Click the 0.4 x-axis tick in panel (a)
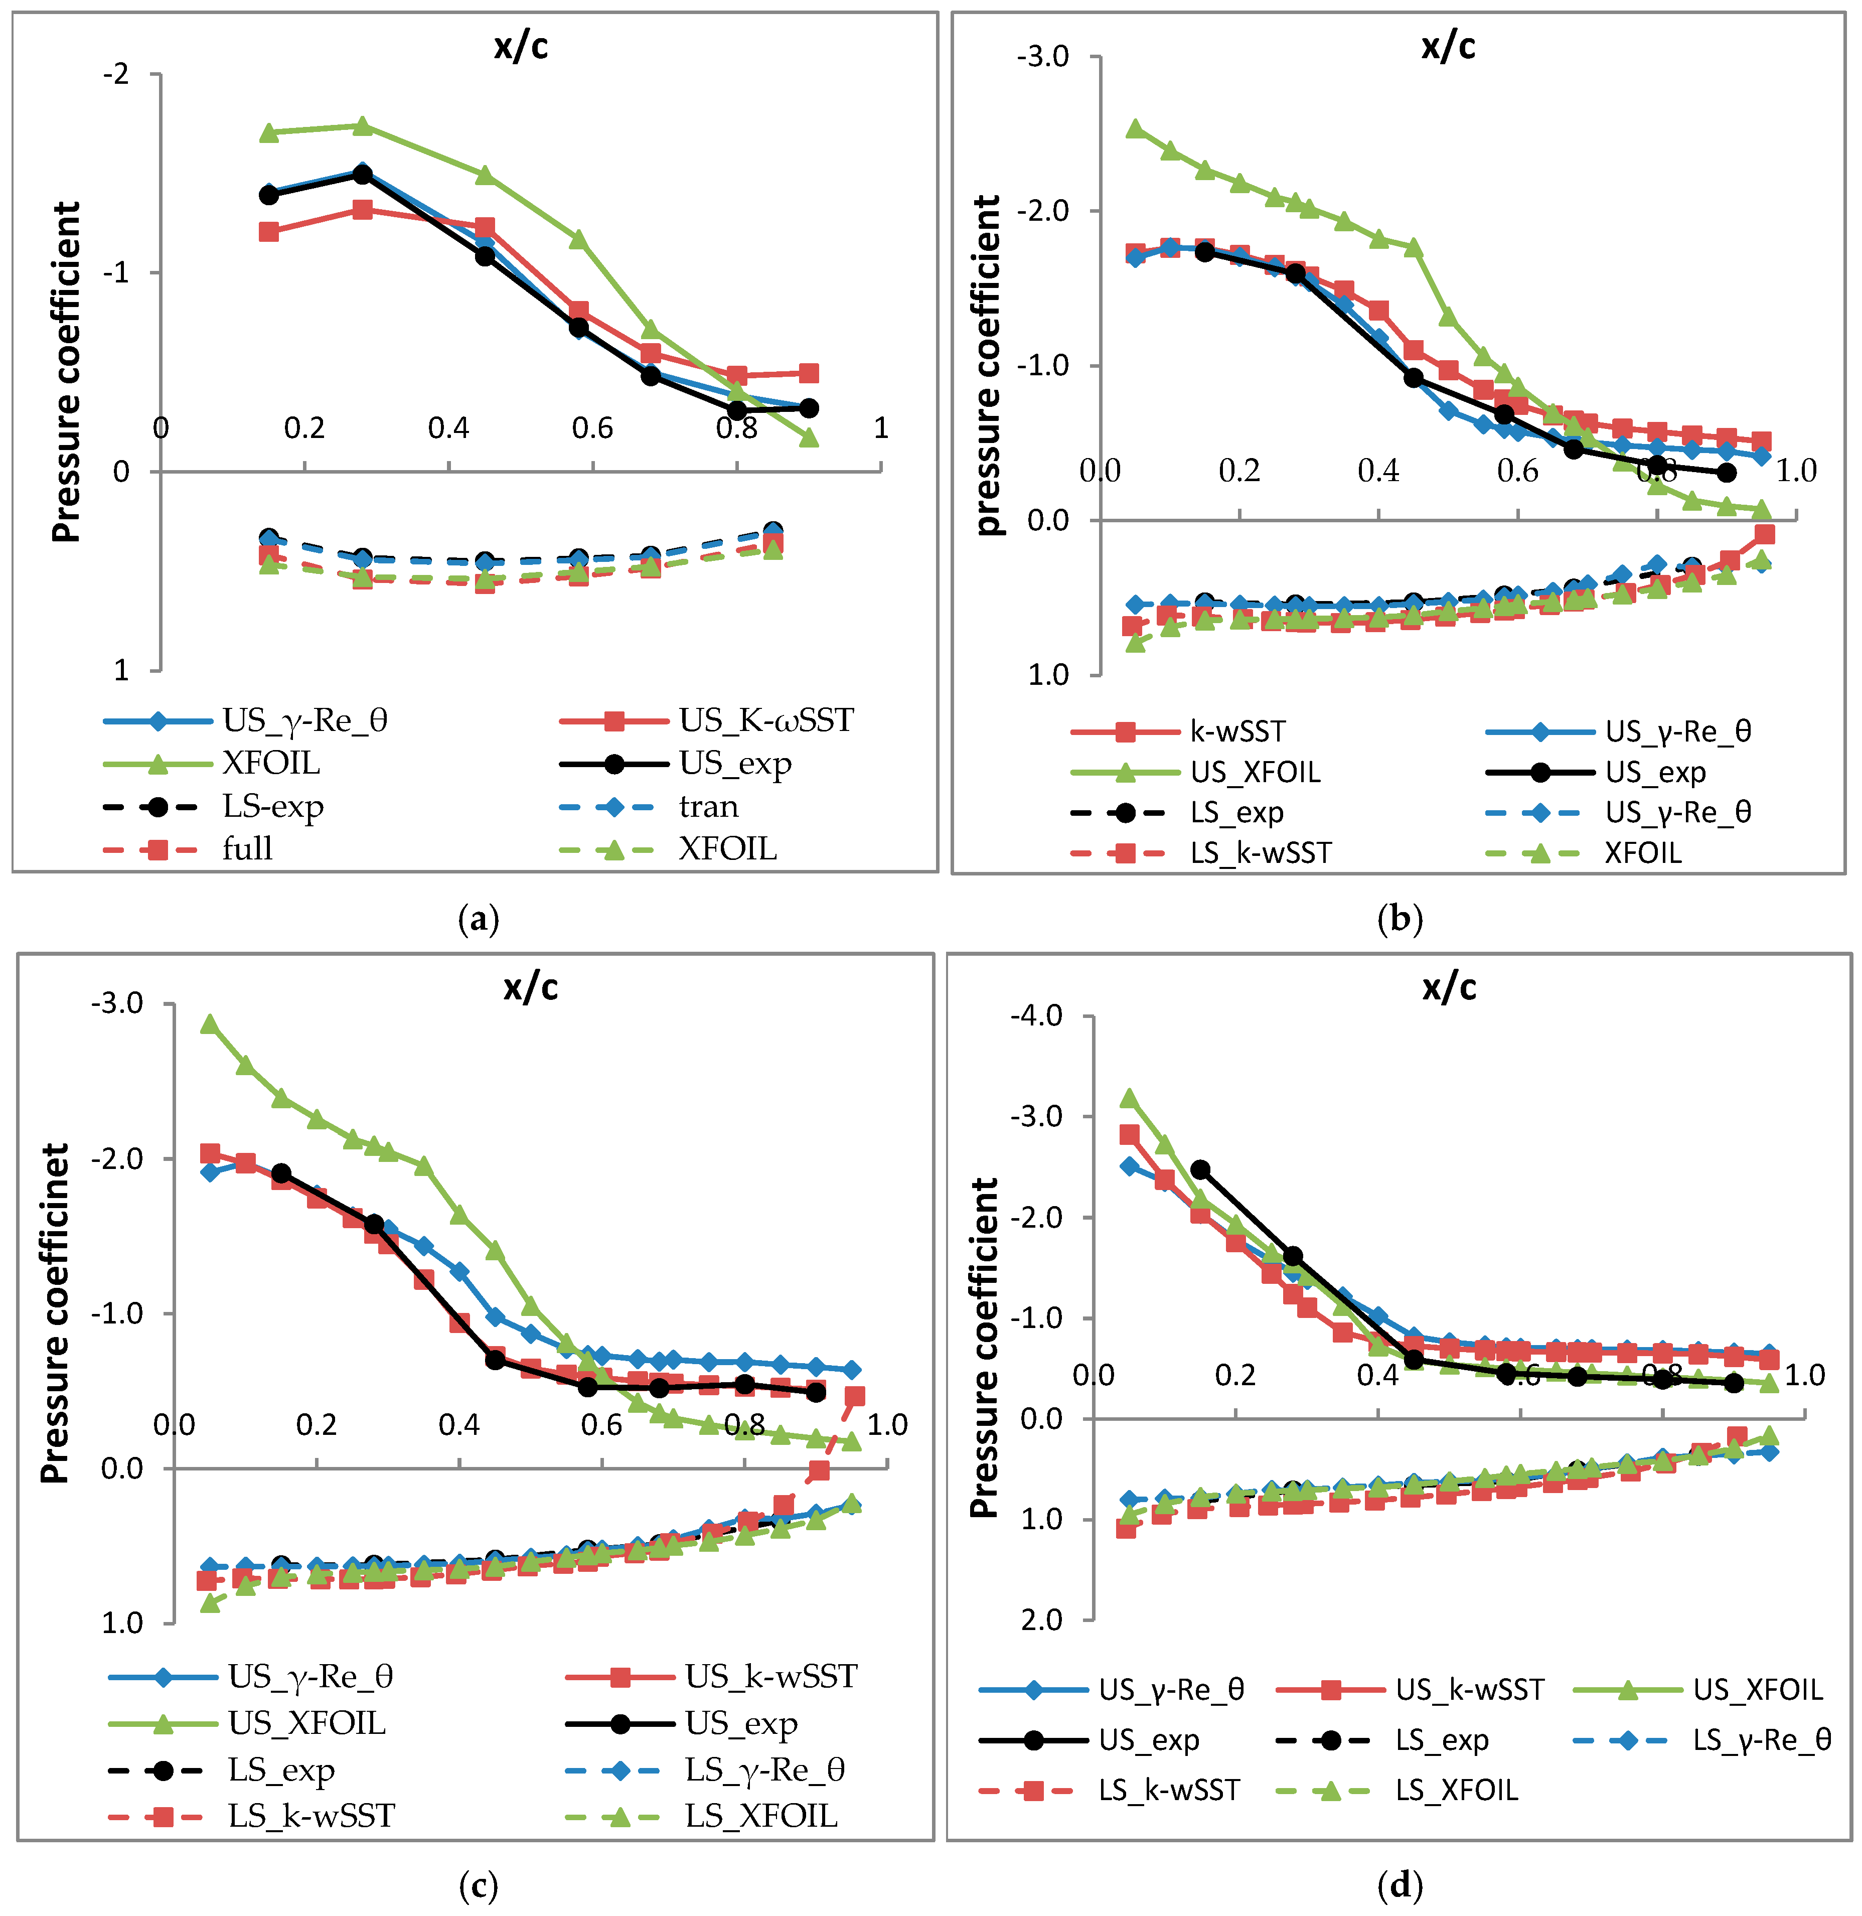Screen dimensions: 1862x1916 pyautogui.click(x=449, y=427)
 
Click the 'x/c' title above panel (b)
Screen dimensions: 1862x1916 pyautogui.click(x=1448, y=46)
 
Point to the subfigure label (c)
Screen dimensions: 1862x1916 pyautogui.click(x=478, y=1885)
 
